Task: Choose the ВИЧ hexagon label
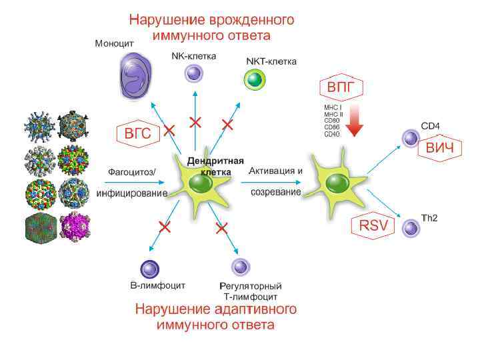click(x=438, y=147)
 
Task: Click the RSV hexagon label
click(x=373, y=225)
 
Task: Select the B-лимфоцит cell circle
click(x=150, y=269)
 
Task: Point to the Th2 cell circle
click(x=411, y=229)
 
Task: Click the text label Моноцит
click(x=114, y=43)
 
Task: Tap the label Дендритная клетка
click(x=215, y=167)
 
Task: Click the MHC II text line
click(x=333, y=114)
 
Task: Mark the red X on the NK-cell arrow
click(x=195, y=121)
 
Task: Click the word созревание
click(x=275, y=192)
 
